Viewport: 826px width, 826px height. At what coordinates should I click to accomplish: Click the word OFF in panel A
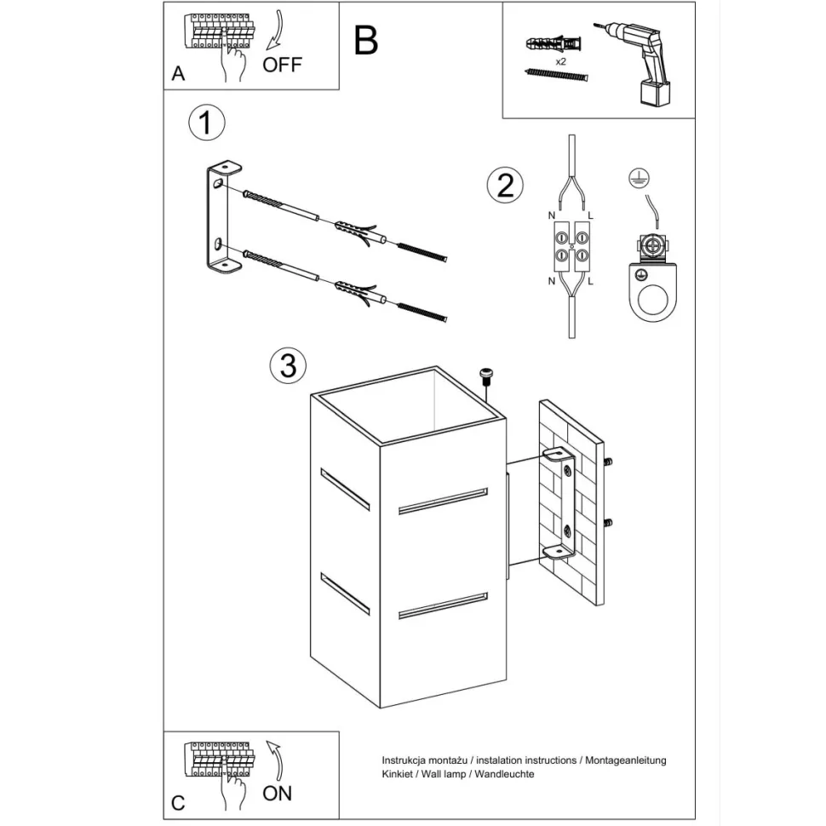click(x=282, y=65)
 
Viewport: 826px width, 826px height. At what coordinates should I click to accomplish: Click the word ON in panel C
click(x=278, y=793)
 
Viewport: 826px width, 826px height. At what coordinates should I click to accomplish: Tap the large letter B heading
click(x=366, y=41)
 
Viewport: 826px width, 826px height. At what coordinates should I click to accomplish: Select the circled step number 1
click(x=205, y=123)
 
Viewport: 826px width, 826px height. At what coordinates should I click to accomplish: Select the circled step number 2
click(x=505, y=185)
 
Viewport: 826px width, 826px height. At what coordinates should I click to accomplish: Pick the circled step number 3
click(x=288, y=365)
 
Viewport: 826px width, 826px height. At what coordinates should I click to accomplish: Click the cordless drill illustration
click(x=644, y=61)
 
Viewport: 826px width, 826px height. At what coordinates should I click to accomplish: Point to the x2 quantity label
click(x=561, y=62)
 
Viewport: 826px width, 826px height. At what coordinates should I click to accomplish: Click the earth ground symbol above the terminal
click(x=634, y=177)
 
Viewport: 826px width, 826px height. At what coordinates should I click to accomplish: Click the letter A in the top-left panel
click(x=178, y=74)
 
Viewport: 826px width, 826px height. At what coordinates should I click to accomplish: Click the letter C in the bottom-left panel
click(x=178, y=802)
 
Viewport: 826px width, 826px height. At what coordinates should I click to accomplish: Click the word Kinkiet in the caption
click(x=398, y=774)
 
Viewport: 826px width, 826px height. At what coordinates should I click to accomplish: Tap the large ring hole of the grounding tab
click(x=653, y=301)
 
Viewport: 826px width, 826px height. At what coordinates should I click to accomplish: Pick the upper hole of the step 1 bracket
click(x=219, y=182)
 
